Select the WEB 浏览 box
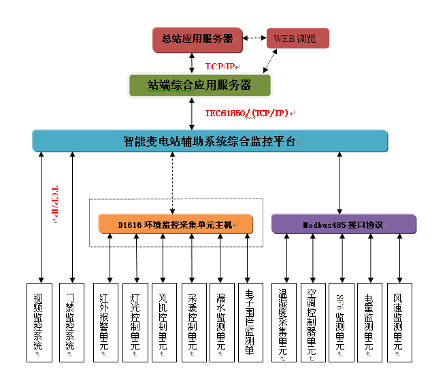(x=297, y=39)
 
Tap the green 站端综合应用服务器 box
(x=200, y=85)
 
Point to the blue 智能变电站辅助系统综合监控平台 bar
(x=210, y=141)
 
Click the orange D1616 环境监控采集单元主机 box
(x=176, y=224)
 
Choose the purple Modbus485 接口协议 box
(x=344, y=224)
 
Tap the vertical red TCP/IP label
(x=56, y=205)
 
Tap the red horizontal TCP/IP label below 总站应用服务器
(x=222, y=67)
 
